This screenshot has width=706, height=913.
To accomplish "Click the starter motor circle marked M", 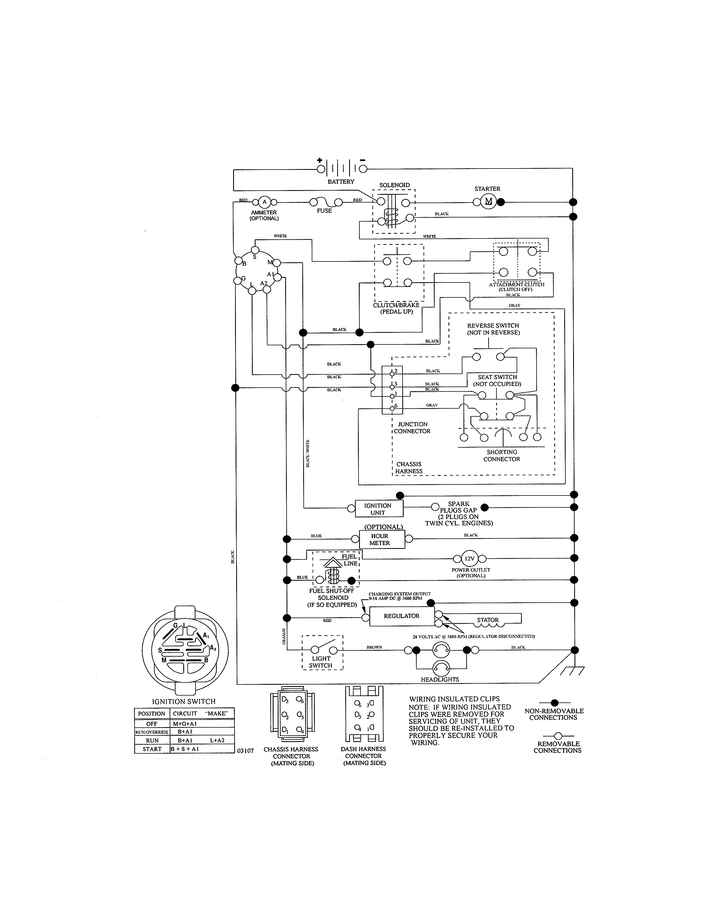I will [488, 202].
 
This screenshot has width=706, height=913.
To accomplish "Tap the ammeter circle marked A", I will [264, 202].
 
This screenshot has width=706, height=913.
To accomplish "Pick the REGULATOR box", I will [401, 616].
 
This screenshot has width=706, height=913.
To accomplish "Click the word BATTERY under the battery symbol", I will [341, 182].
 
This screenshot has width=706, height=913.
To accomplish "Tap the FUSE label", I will [324, 211].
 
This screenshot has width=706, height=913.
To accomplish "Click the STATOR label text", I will [488, 620].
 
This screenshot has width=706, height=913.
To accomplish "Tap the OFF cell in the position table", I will [152, 724].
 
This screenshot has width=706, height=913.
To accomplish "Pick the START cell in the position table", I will [152, 749].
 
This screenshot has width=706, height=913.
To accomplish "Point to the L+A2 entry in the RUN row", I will [217, 740].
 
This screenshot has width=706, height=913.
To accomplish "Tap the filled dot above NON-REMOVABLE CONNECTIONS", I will [555, 703].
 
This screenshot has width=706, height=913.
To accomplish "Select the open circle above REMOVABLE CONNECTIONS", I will [558, 736].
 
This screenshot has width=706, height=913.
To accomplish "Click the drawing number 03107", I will [246, 751].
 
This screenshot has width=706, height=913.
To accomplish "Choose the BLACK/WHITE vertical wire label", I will [308, 453].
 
